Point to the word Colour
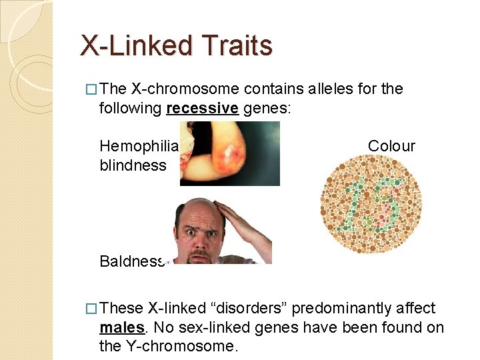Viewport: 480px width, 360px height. coord(391,146)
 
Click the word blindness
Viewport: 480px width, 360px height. coord(133,165)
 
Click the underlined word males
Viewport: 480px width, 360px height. coord(121,327)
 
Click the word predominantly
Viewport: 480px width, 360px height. coord(345,308)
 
